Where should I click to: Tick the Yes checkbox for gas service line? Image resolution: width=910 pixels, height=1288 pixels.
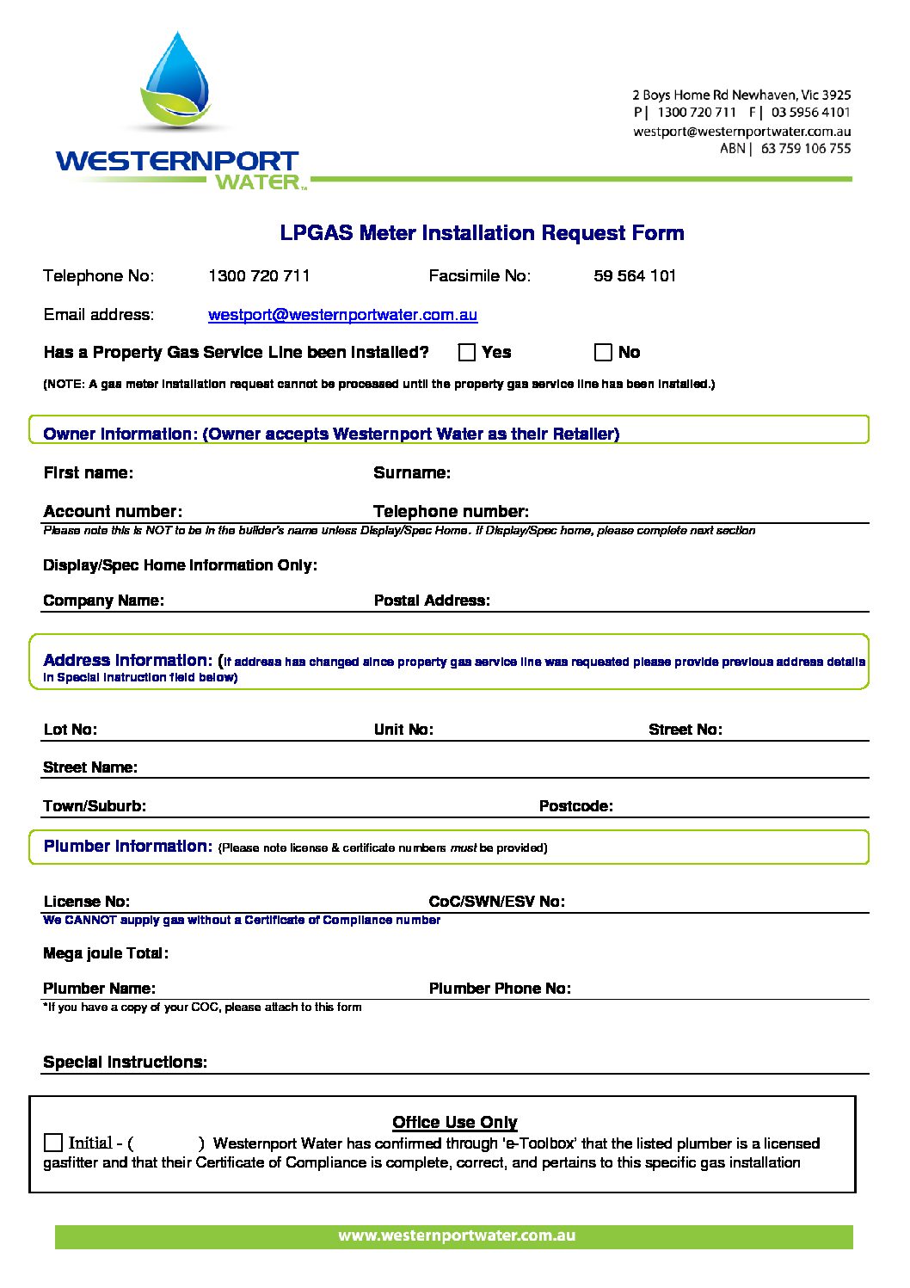[467, 352]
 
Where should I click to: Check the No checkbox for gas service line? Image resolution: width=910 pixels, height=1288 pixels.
[603, 352]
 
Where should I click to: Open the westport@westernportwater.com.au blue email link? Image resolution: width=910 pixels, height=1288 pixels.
[342, 315]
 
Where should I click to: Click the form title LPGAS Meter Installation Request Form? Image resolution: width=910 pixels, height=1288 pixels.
[482, 233]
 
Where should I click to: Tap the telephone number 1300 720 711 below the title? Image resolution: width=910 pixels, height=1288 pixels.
[259, 276]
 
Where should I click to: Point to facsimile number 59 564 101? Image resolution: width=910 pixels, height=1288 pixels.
[635, 276]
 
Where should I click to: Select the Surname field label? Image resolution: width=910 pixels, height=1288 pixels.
[411, 473]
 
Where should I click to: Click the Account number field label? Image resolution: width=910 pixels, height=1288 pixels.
[113, 512]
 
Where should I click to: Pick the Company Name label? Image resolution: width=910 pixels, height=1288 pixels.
[103, 601]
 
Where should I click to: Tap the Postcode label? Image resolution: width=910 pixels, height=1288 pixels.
[575, 806]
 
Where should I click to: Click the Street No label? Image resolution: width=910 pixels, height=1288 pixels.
[685, 730]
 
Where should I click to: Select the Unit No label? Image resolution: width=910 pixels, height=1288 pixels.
[403, 730]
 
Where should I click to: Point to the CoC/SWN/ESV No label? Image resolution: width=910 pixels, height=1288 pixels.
[496, 902]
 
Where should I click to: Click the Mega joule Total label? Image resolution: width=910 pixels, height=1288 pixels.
[106, 953]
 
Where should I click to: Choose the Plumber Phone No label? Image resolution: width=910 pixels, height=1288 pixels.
[500, 989]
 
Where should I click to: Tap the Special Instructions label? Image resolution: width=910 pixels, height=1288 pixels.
[125, 1063]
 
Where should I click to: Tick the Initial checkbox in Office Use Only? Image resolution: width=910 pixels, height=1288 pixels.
[53, 1143]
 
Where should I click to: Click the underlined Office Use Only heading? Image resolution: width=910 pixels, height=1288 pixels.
[454, 1122]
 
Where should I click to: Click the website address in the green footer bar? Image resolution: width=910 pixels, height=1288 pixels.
[456, 1236]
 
